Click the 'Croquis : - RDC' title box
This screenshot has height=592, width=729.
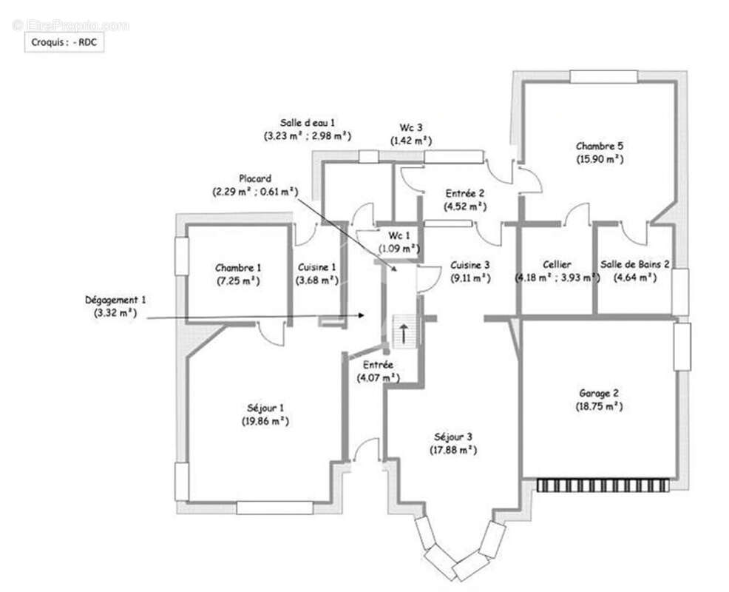pos(64,42)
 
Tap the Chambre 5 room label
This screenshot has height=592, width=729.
pos(600,146)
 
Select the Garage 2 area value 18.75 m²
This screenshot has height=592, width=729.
pos(599,406)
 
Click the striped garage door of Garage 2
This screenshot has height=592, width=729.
pos(603,485)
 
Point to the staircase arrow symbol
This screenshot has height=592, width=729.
pos(404,332)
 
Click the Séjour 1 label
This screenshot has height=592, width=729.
pos(265,408)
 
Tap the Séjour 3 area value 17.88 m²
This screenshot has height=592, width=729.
pos(453,450)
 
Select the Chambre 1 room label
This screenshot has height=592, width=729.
pos(238,268)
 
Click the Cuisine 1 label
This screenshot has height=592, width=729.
pos(316,268)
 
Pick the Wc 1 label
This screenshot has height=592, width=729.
pos(399,235)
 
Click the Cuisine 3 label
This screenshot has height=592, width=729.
pos(469,265)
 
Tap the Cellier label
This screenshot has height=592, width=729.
pos(557,264)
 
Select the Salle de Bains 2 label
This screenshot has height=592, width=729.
pos(635,264)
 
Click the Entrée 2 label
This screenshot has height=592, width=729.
pos(465,193)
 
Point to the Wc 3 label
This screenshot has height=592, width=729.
pos(411,127)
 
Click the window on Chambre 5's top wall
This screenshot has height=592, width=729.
pos(603,77)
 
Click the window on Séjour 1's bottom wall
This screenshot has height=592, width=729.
pos(275,508)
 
